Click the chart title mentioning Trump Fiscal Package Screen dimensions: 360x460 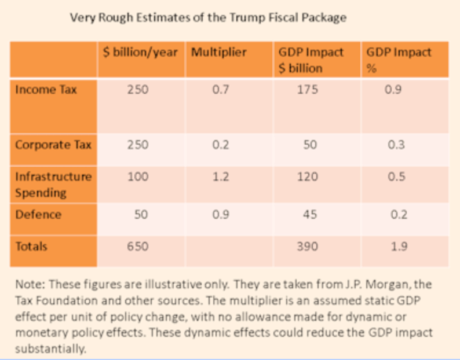point(208,17)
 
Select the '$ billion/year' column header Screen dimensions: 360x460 point(140,52)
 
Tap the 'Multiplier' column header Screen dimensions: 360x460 point(218,52)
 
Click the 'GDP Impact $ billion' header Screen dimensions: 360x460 point(307,60)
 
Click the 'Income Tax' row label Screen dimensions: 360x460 point(38,90)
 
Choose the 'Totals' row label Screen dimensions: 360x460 point(31,247)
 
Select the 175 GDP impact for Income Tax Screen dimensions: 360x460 point(310,90)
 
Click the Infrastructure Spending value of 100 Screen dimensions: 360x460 point(138,177)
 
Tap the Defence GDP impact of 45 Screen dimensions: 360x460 point(310,214)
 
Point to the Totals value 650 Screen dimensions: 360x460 point(138,247)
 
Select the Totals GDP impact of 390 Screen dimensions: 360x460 point(310,247)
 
